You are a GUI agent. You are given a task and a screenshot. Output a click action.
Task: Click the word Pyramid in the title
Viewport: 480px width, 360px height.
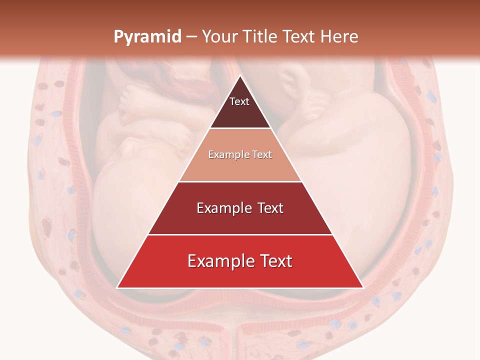(x=147, y=37)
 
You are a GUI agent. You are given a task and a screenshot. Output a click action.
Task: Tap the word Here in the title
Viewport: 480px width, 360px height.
(x=340, y=36)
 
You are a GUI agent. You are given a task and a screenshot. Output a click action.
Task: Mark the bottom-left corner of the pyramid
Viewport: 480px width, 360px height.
(x=117, y=287)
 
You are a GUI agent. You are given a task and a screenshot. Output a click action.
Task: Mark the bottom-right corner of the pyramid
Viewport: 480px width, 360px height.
(x=363, y=287)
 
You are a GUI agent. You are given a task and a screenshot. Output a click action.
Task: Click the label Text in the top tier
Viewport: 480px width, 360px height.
(x=239, y=101)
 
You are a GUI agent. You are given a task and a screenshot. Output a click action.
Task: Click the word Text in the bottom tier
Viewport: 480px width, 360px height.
(x=274, y=261)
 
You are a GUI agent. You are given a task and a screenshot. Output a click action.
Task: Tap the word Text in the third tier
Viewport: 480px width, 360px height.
(x=267, y=208)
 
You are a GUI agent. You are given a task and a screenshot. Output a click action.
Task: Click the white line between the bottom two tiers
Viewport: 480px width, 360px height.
(x=240, y=234)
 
